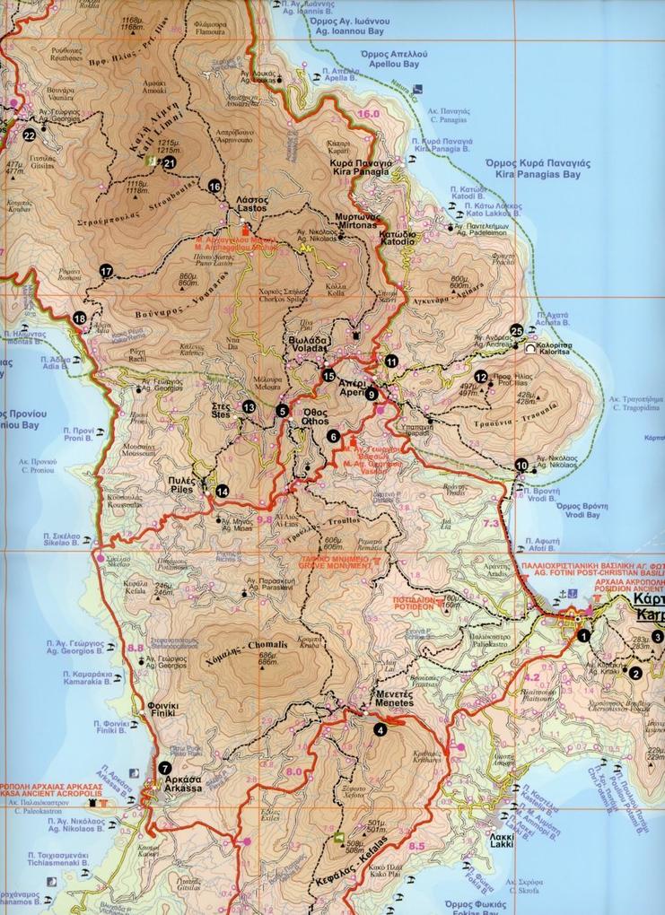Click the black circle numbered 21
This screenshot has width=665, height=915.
pos(170,162)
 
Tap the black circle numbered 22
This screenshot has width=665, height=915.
pos(30,135)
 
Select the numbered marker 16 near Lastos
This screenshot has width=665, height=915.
pos(214,186)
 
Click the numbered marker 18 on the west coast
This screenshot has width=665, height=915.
pos(80,318)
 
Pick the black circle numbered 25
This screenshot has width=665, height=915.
pos(516,330)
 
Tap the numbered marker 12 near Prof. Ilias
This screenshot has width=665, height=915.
pos(481,377)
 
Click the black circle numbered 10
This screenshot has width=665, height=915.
pos(521,465)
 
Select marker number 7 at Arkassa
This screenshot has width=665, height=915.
pos(164,768)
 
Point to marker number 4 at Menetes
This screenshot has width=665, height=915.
pos(381,728)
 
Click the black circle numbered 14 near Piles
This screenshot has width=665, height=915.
pos(222,490)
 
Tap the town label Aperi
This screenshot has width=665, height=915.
pos(348,385)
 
